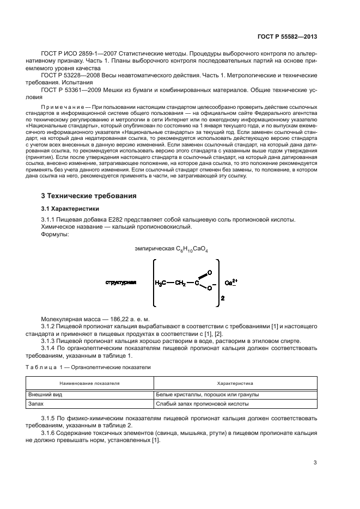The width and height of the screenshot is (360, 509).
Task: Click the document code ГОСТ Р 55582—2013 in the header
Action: pyautogui.click(x=286, y=36)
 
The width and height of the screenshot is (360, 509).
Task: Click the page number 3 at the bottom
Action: pyautogui.click(x=315, y=463)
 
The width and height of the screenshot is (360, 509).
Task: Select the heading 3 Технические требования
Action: pyautogui.click(x=89, y=195)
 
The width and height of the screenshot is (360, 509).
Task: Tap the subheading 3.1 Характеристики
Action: pyautogui.click(x=69, y=208)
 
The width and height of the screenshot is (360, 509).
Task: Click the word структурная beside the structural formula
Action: pyautogui.click(x=121, y=283)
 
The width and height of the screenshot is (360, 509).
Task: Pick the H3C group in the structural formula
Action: pyautogui.click(x=162, y=283)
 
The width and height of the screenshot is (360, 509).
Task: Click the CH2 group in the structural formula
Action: pyautogui.click(x=187, y=283)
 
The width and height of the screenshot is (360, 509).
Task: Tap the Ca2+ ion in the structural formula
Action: pyautogui.click(x=231, y=283)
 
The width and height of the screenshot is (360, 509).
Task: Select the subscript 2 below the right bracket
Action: pyautogui.click(x=222, y=299)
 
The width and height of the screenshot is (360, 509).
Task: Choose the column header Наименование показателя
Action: pyautogui.click(x=90, y=383)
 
